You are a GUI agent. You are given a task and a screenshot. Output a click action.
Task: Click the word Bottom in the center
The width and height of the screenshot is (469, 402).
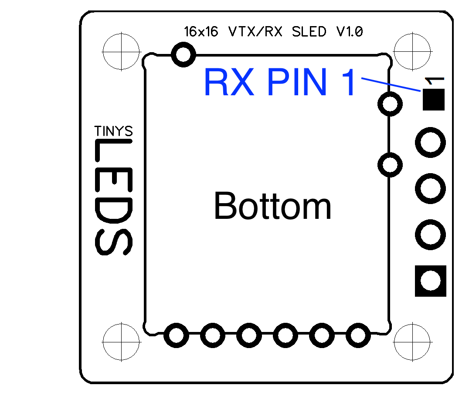273,206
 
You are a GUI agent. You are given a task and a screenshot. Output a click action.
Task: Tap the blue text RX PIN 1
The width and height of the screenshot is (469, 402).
279,83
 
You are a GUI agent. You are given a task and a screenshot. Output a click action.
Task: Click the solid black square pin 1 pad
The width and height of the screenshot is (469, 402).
433,100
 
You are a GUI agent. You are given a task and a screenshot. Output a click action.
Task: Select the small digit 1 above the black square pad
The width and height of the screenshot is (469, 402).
434,81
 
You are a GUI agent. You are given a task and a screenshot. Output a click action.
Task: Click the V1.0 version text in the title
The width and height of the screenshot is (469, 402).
349,32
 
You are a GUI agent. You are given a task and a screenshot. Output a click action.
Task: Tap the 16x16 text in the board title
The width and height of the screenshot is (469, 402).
201,32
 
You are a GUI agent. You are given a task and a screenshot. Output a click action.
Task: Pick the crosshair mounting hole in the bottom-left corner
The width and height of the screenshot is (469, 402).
121,342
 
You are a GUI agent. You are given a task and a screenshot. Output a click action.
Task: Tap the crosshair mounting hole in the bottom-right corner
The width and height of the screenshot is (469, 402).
412,342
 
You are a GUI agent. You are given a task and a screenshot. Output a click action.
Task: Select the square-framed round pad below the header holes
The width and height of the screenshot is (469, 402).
431,281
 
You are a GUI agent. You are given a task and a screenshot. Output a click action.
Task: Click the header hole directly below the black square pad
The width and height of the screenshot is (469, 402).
431,142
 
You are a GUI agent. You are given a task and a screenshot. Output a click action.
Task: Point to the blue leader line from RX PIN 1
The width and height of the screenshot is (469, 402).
390,84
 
